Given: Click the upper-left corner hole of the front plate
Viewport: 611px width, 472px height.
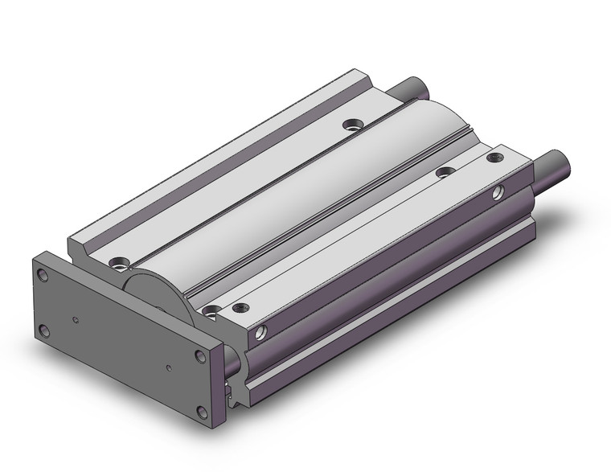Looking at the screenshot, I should pos(43,275).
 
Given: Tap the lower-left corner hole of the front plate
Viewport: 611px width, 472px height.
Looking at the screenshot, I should pos(43,329).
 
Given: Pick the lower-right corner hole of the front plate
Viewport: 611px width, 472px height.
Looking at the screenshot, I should pos(202,412).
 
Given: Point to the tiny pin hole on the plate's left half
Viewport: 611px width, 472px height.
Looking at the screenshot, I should pos(76,319).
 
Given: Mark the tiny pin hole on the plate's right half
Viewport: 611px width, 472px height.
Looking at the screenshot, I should pos(169,368).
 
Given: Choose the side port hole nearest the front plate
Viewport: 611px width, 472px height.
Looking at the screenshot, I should pos(260,331).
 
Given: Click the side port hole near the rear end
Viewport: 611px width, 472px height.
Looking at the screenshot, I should pos(499,192).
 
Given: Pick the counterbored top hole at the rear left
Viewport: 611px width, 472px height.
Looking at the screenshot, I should pos(352,125).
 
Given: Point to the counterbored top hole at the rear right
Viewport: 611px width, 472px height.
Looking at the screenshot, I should pos(442,171).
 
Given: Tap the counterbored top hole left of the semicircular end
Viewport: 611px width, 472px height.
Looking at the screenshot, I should pos(121,262).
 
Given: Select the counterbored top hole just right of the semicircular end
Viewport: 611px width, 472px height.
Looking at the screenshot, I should pos(211,310).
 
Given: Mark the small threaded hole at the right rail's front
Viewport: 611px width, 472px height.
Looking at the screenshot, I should pos(239,307).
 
